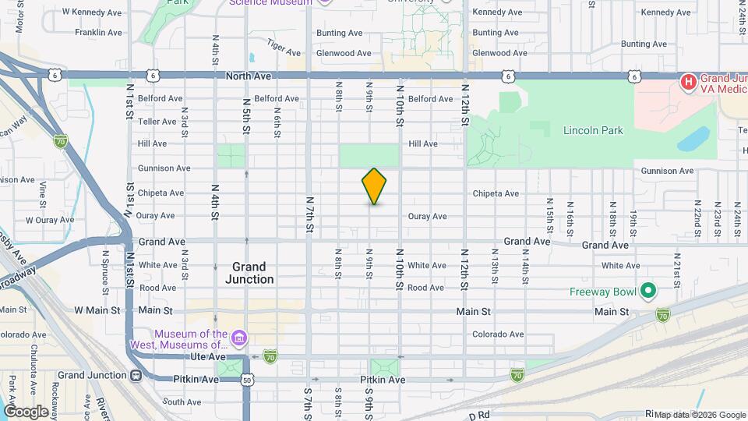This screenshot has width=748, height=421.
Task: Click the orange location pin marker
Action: pos(374,186)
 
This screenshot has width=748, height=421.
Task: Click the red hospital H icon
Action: pos(689,82)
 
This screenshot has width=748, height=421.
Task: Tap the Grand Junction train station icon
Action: pos(136,375)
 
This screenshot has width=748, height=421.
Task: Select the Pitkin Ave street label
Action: pos(383,380)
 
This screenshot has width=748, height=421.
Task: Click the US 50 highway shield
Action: pos(247,380)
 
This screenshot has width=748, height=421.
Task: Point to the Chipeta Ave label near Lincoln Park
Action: pos(496,193)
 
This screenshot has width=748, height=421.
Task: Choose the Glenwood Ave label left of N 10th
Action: pos(344,53)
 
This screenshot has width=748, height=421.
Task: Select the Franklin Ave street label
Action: pos(98,33)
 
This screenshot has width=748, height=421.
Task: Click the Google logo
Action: pos(26,412)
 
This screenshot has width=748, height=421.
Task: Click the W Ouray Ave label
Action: pos(48,220)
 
